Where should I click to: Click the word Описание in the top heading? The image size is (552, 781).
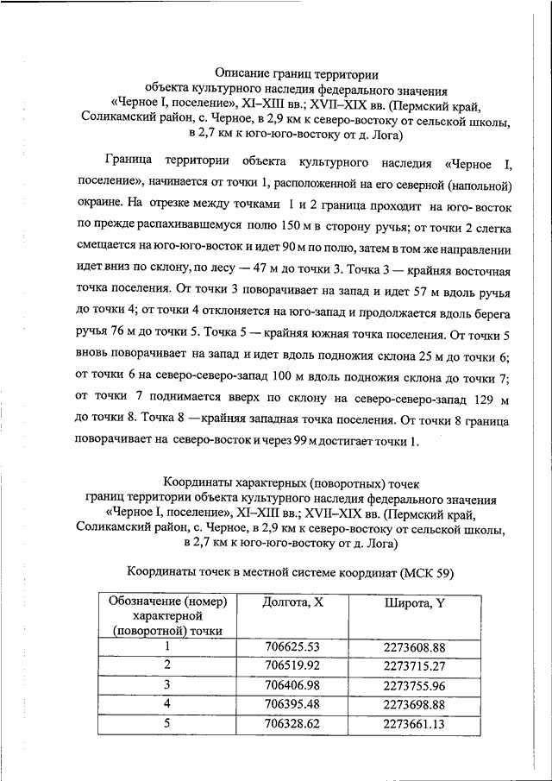(242, 75)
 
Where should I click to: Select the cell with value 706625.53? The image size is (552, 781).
(292, 646)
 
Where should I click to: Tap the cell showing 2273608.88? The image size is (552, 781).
(414, 646)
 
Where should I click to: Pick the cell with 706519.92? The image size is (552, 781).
(292, 665)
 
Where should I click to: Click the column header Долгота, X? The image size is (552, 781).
(292, 602)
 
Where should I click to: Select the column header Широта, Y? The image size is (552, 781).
(414, 602)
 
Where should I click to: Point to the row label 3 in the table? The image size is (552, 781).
(167, 685)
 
